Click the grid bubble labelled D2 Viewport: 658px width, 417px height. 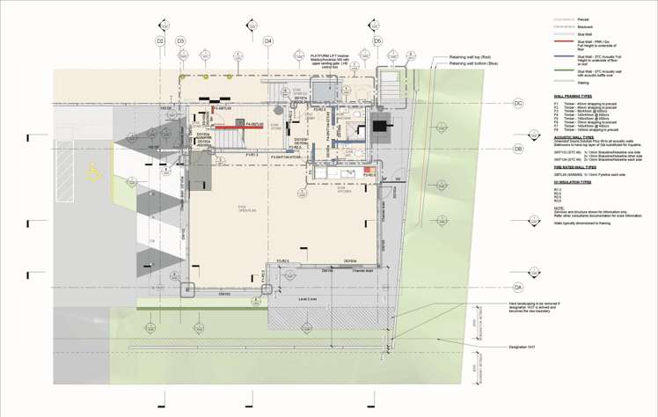[160, 41]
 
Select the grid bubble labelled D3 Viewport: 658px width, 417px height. [180, 41]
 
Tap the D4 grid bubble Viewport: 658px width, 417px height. [268, 41]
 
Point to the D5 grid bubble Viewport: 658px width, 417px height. [377, 41]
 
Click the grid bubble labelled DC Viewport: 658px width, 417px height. [518, 104]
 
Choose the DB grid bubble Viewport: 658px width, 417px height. [518, 150]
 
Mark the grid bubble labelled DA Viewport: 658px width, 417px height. [518, 288]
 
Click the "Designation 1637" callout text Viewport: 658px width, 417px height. [525, 347]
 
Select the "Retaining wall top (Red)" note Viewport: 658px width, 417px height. [470, 56]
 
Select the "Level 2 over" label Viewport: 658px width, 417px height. [307, 299]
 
